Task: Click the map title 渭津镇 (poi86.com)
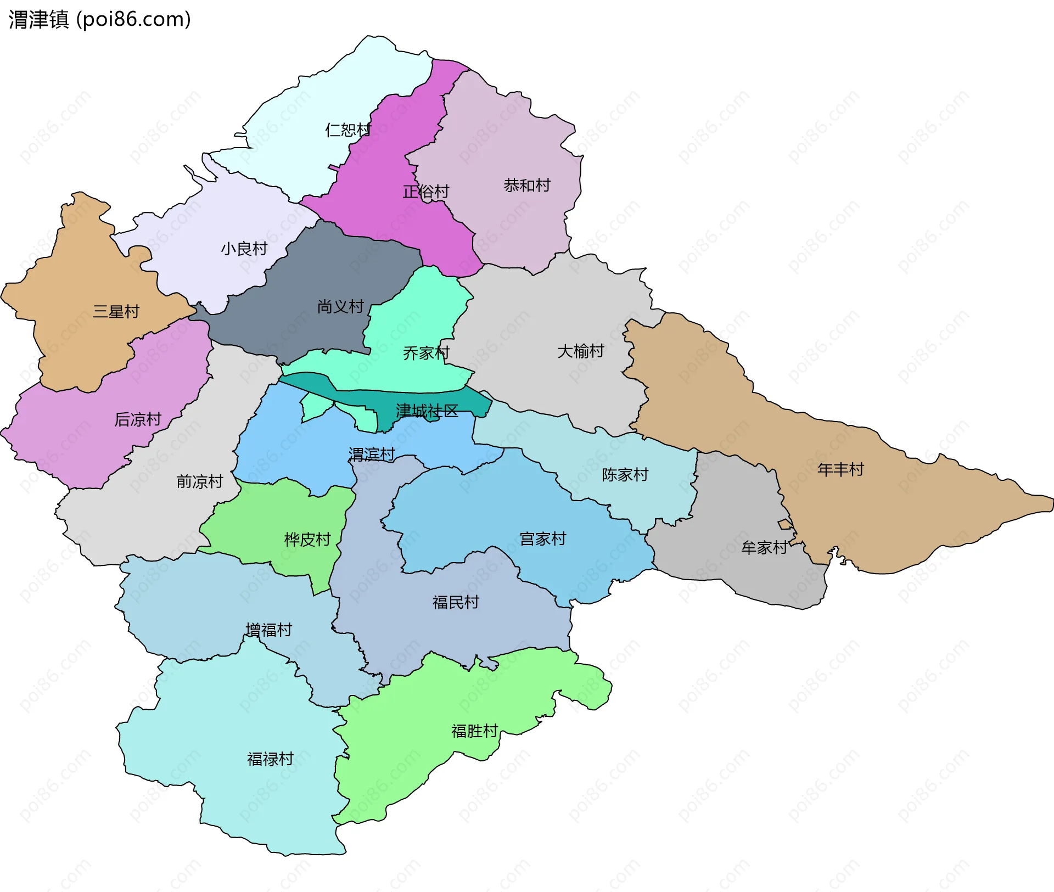(99, 19)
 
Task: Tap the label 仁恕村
(348, 130)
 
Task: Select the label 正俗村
(426, 192)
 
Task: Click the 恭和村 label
(527, 186)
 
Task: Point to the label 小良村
(244, 249)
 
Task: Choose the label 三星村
(116, 312)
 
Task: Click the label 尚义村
(341, 306)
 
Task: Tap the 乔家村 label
(427, 353)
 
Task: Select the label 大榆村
(581, 351)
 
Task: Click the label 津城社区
(427, 411)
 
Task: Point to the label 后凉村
(138, 419)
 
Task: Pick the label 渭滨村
(372, 455)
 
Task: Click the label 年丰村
(840, 469)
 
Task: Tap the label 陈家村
(625, 474)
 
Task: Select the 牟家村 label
(764, 547)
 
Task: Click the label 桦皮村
(307, 540)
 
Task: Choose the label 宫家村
(543, 539)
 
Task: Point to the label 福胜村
(474, 731)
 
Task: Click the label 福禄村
(271, 759)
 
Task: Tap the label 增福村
(269, 630)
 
